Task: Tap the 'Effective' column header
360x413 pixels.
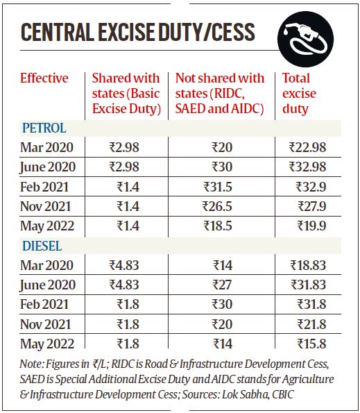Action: (x=45, y=78)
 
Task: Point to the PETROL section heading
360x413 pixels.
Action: (x=44, y=128)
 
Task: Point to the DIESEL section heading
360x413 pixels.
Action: (x=43, y=246)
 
